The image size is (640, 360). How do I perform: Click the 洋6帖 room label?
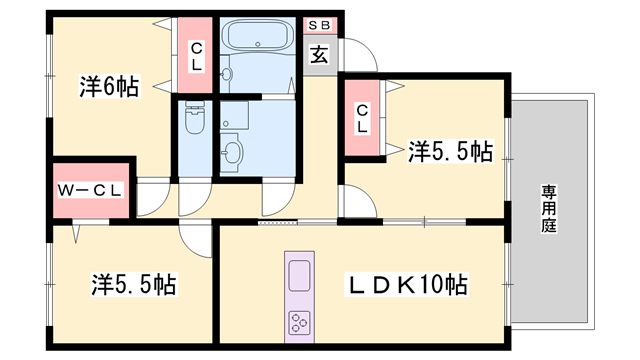click(x=109, y=87)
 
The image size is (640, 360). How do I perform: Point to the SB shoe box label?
click(x=319, y=24)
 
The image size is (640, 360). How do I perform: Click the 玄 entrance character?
click(x=319, y=56)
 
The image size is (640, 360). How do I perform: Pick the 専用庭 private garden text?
click(x=549, y=208)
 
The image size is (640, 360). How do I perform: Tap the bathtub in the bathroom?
click(x=257, y=39)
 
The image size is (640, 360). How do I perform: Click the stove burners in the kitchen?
click(x=301, y=321)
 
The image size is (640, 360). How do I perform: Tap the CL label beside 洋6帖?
click(x=197, y=55)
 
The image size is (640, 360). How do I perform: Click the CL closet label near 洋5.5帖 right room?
click(x=362, y=117)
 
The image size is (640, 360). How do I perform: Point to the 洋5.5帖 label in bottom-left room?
click(x=135, y=284)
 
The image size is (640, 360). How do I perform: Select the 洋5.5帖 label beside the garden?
click(x=450, y=152)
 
